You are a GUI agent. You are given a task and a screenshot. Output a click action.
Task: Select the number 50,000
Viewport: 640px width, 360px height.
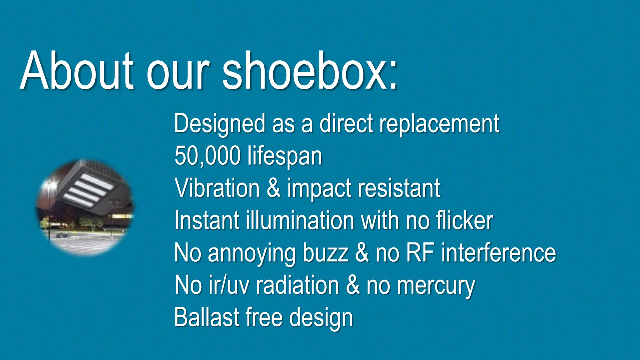click(207, 156)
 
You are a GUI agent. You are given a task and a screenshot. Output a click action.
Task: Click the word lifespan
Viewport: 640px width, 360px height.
click(285, 156)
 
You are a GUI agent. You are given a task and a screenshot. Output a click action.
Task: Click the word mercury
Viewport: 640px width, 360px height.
click(436, 286)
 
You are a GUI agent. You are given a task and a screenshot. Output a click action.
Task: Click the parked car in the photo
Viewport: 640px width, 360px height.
click(63, 235)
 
